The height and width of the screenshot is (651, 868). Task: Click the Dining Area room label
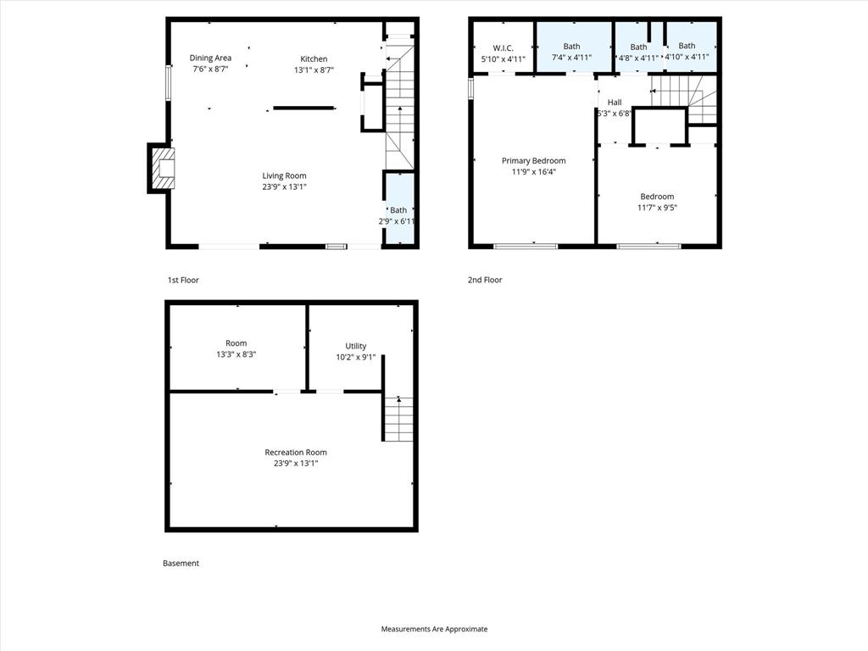[x=210, y=58]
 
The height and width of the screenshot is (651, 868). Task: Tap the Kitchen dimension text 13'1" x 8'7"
[x=314, y=70]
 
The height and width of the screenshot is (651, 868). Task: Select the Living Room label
[x=284, y=175]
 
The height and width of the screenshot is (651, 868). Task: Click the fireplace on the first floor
[x=160, y=169]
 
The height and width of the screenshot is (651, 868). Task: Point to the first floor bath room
[x=399, y=209]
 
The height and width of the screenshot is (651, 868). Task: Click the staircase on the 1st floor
[x=399, y=106]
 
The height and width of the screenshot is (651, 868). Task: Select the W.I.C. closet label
[x=504, y=47]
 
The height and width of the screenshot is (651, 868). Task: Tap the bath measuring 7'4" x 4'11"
[x=572, y=47]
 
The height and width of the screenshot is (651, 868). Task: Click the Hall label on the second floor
[x=615, y=102]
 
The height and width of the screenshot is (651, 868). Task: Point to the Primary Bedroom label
[x=533, y=160]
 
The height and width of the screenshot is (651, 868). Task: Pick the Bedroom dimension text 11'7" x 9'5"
[x=657, y=208]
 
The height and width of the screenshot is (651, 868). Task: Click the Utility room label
[x=356, y=346]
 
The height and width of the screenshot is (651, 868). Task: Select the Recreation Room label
[x=296, y=452]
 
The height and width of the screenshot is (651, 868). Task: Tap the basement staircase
[x=398, y=419]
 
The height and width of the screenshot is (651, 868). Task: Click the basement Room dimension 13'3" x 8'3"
[x=236, y=354]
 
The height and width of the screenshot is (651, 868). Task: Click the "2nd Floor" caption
[x=485, y=280]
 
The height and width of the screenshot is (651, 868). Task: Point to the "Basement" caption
[x=181, y=563]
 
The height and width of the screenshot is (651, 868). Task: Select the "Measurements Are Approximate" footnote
[x=434, y=629]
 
